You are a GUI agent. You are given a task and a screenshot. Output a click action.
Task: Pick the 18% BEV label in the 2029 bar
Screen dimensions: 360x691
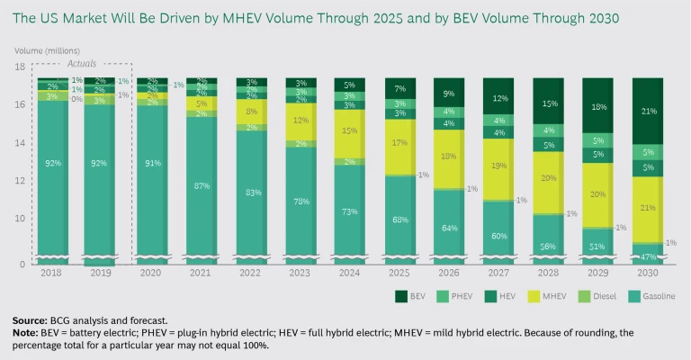(x=597, y=107)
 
